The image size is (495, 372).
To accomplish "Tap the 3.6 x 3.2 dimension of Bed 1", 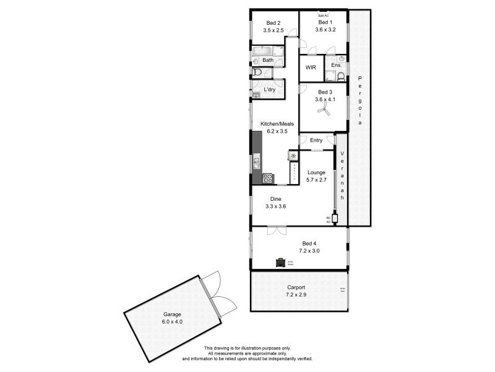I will pyautogui.click(x=325, y=29).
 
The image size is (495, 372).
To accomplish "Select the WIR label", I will pyautogui.click(x=311, y=66).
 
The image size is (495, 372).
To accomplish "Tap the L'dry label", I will pyautogui.click(x=269, y=90).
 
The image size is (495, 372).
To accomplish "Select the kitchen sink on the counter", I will pyautogui.click(x=256, y=163).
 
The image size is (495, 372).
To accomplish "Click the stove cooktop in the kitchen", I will pyautogui.click(x=268, y=178).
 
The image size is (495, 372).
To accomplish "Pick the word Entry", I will pyautogui.click(x=316, y=140).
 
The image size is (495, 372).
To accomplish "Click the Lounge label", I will pyautogui.click(x=316, y=173).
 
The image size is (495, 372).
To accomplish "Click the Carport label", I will pyautogui.click(x=296, y=288).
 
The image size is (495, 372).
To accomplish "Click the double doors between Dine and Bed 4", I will pyautogui.click(x=276, y=231).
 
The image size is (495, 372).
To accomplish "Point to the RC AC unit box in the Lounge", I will pyautogui.click(x=335, y=218).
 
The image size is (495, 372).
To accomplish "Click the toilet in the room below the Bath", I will pyautogui.click(x=257, y=72).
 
